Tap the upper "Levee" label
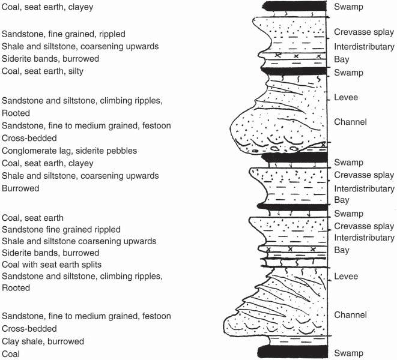click(x=346, y=97)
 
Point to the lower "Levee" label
click(x=346, y=277)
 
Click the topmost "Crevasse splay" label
click(x=363, y=33)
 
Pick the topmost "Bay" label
click(x=342, y=59)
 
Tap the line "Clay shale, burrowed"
click(x=43, y=341)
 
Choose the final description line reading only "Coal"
click(x=11, y=354)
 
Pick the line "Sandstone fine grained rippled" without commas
click(x=61, y=229)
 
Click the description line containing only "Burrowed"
click(x=20, y=188)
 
